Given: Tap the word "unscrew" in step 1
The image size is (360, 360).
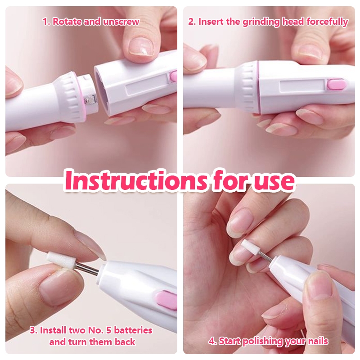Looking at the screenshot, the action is coord(121,22).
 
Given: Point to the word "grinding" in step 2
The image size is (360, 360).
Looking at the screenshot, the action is coord(261,22).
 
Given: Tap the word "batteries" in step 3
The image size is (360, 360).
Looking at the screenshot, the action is coord(133,330).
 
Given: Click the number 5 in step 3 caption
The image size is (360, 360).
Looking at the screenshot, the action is coord(109,330).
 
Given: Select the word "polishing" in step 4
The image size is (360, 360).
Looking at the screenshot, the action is coord(263,342).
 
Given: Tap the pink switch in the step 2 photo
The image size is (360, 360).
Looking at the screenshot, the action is coord(337,85).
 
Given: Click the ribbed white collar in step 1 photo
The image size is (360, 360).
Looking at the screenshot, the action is coord(74,94).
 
